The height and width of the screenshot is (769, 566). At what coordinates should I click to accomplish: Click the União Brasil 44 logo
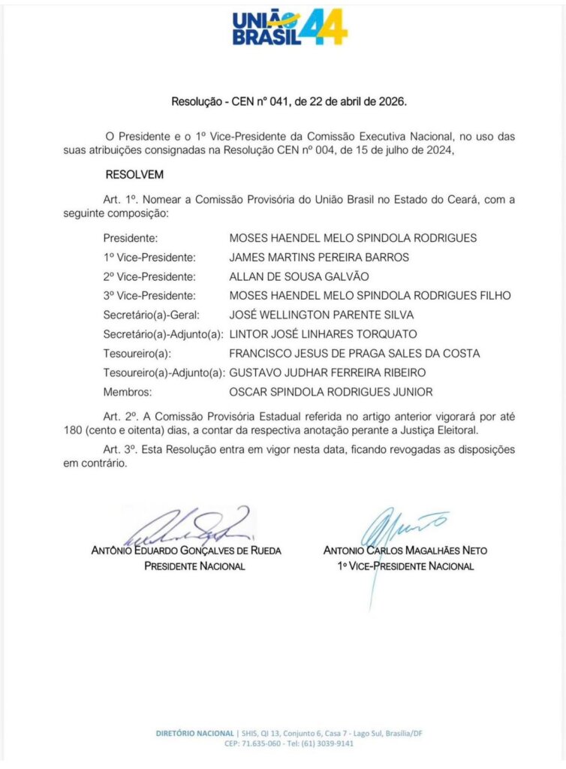click(289, 29)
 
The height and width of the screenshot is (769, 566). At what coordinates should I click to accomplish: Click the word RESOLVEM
click(134, 174)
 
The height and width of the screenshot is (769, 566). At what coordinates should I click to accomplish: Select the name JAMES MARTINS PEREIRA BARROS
click(319, 257)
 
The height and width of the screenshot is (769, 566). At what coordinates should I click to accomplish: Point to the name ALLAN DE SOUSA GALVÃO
click(299, 276)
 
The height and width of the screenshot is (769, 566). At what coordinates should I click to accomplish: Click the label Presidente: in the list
click(130, 238)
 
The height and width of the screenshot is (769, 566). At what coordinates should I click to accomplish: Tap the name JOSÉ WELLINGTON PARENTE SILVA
click(321, 315)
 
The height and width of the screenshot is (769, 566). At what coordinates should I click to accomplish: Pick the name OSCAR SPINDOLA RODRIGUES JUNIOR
click(330, 391)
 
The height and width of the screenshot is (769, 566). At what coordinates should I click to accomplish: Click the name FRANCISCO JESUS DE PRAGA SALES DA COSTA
click(354, 353)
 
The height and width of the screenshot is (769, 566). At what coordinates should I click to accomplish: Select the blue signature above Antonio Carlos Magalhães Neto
click(398, 526)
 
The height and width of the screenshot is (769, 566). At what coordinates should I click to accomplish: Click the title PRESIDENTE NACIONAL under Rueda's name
click(194, 565)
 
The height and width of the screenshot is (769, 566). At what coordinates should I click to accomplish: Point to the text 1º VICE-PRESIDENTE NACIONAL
click(405, 565)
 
